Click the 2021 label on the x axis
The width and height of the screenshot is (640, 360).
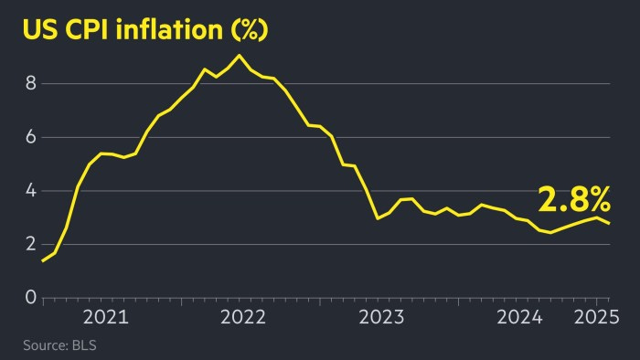point(106,319)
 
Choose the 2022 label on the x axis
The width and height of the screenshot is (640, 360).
point(243,319)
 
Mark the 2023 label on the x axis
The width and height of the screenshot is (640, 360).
point(381,319)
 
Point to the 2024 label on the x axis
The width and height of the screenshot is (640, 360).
point(520,319)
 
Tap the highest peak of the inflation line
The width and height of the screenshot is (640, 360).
point(239,56)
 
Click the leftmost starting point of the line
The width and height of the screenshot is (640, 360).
point(43,261)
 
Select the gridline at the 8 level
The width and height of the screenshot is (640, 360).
point(411,83)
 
